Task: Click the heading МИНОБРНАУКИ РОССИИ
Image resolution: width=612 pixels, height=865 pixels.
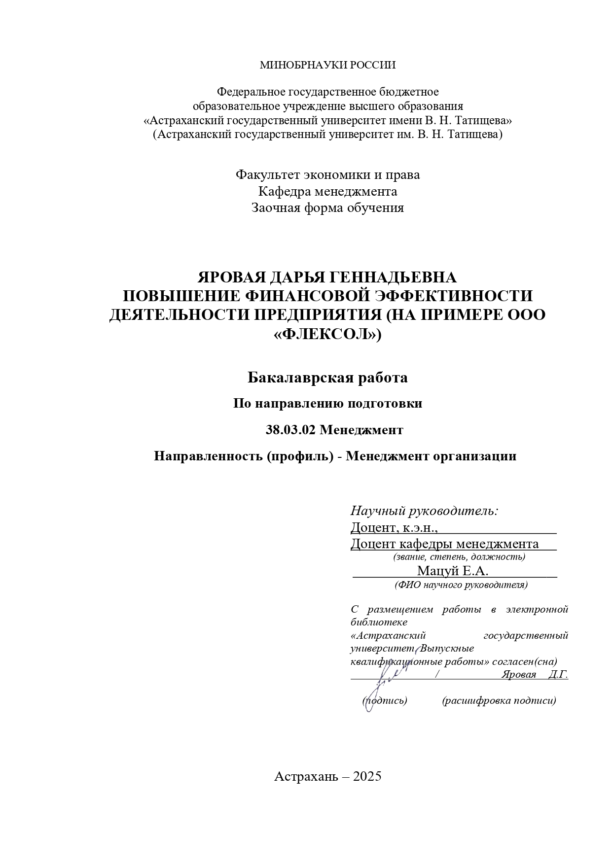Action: pyautogui.click(x=327, y=65)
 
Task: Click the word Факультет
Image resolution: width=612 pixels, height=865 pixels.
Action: pyautogui.click(x=268, y=175)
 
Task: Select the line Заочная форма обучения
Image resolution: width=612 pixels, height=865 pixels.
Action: pyautogui.click(x=327, y=208)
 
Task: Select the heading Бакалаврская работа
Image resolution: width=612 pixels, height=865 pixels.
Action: pyautogui.click(x=327, y=378)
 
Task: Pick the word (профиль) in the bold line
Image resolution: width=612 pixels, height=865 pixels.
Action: pyautogui.click(x=299, y=456)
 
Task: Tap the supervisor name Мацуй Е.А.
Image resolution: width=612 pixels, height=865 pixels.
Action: pyautogui.click(x=452, y=571)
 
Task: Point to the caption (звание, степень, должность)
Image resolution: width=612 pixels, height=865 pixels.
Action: pyautogui.click(x=459, y=557)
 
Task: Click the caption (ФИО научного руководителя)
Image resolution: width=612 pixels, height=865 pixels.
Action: pyautogui.click(x=461, y=585)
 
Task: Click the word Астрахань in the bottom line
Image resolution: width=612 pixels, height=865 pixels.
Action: pyautogui.click(x=306, y=777)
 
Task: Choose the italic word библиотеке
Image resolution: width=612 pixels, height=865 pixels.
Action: pyautogui.click(x=379, y=622)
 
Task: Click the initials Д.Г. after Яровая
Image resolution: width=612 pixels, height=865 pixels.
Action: pyautogui.click(x=558, y=675)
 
